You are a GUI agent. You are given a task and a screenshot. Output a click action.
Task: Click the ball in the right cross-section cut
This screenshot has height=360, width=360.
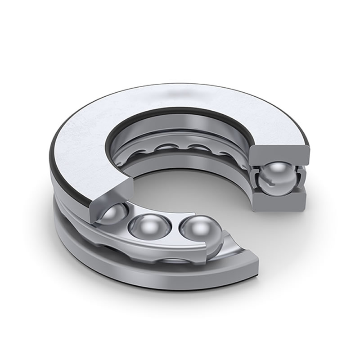click(279, 179)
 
